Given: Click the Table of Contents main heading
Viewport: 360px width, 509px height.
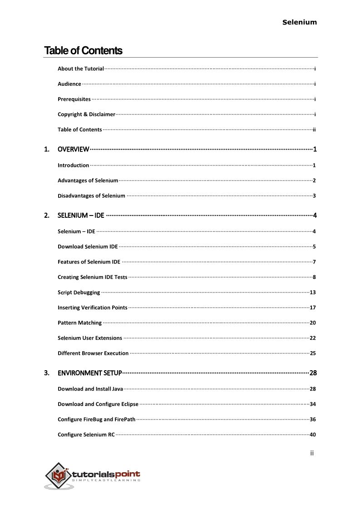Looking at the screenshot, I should pos(83,50).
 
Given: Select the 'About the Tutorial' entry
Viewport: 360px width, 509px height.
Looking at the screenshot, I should pos(80,69).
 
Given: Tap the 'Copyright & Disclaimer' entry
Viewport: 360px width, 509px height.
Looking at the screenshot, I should pos(86,114).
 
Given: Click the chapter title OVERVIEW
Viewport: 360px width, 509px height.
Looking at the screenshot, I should pos(73,149).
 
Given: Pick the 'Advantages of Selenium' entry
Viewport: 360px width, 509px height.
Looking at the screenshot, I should pos(88,181).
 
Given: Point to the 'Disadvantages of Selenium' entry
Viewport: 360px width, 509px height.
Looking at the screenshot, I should pos(91,196).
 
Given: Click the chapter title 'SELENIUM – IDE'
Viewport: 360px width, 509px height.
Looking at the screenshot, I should pos(81,215).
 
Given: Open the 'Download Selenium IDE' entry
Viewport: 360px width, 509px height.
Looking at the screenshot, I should pos(88,247).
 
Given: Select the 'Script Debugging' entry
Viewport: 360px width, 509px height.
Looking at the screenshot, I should pos(79,293).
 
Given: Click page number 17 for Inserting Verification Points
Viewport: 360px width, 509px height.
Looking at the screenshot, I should pos(312,308).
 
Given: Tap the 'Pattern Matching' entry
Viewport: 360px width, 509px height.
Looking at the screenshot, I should pos(79,323).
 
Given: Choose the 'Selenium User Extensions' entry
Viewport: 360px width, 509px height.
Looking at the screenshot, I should pos(90,338).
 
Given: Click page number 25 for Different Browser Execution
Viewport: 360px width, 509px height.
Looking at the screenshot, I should pos(312,353).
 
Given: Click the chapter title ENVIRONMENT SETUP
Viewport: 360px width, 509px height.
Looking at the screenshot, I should pos(89,373).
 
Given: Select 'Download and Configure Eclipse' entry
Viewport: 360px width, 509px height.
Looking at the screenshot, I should pos(98,404).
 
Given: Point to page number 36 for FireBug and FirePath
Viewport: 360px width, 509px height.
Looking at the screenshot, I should pos(312,420).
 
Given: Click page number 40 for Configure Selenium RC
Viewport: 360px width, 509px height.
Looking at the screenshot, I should pos(312,435).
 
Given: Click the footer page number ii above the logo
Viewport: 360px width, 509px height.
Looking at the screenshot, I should pos(312,453).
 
